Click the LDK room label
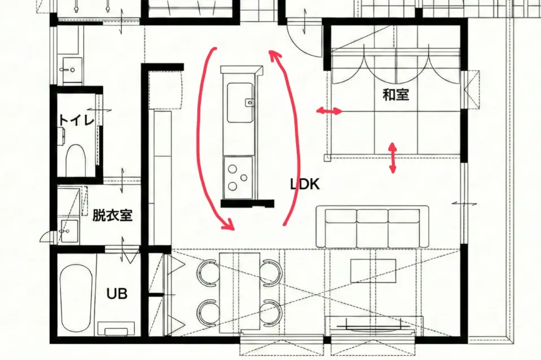305,184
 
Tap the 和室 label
396,94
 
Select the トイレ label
77,120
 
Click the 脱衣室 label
112,216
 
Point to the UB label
117,294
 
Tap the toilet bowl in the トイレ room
75,160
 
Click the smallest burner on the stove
244,177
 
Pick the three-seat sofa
373,227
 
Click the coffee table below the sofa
373,271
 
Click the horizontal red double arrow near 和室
329,111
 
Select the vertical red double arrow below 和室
393,157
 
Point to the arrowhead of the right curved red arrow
274,55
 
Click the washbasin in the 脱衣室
69,230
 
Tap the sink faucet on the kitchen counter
249,102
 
